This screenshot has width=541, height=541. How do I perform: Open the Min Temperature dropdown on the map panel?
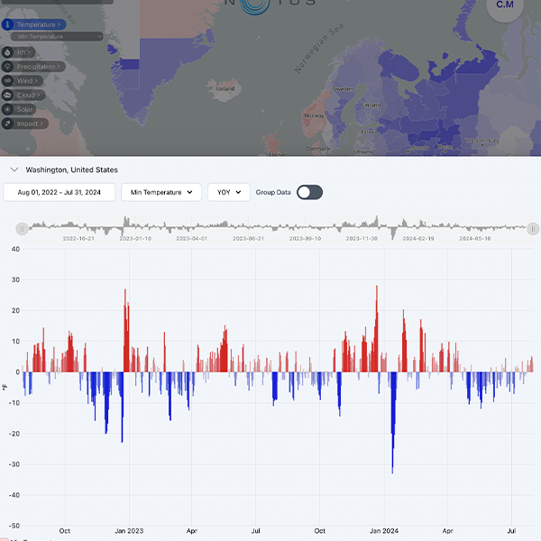(x=57, y=37)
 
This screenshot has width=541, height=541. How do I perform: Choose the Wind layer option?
(x=28, y=81)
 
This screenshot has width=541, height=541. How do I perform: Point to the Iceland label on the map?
(x=225, y=89)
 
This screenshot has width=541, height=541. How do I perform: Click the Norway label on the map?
(x=314, y=115)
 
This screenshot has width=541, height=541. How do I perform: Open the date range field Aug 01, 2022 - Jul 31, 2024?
(x=60, y=192)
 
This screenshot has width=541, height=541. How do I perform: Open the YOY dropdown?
(x=229, y=192)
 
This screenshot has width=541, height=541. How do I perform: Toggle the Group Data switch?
(x=309, y=192)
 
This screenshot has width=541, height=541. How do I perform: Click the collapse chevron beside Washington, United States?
(x=14, y=170)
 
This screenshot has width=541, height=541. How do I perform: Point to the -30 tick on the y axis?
(x=14, y=464)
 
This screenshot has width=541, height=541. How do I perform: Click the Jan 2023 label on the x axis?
(x=128, y=531)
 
